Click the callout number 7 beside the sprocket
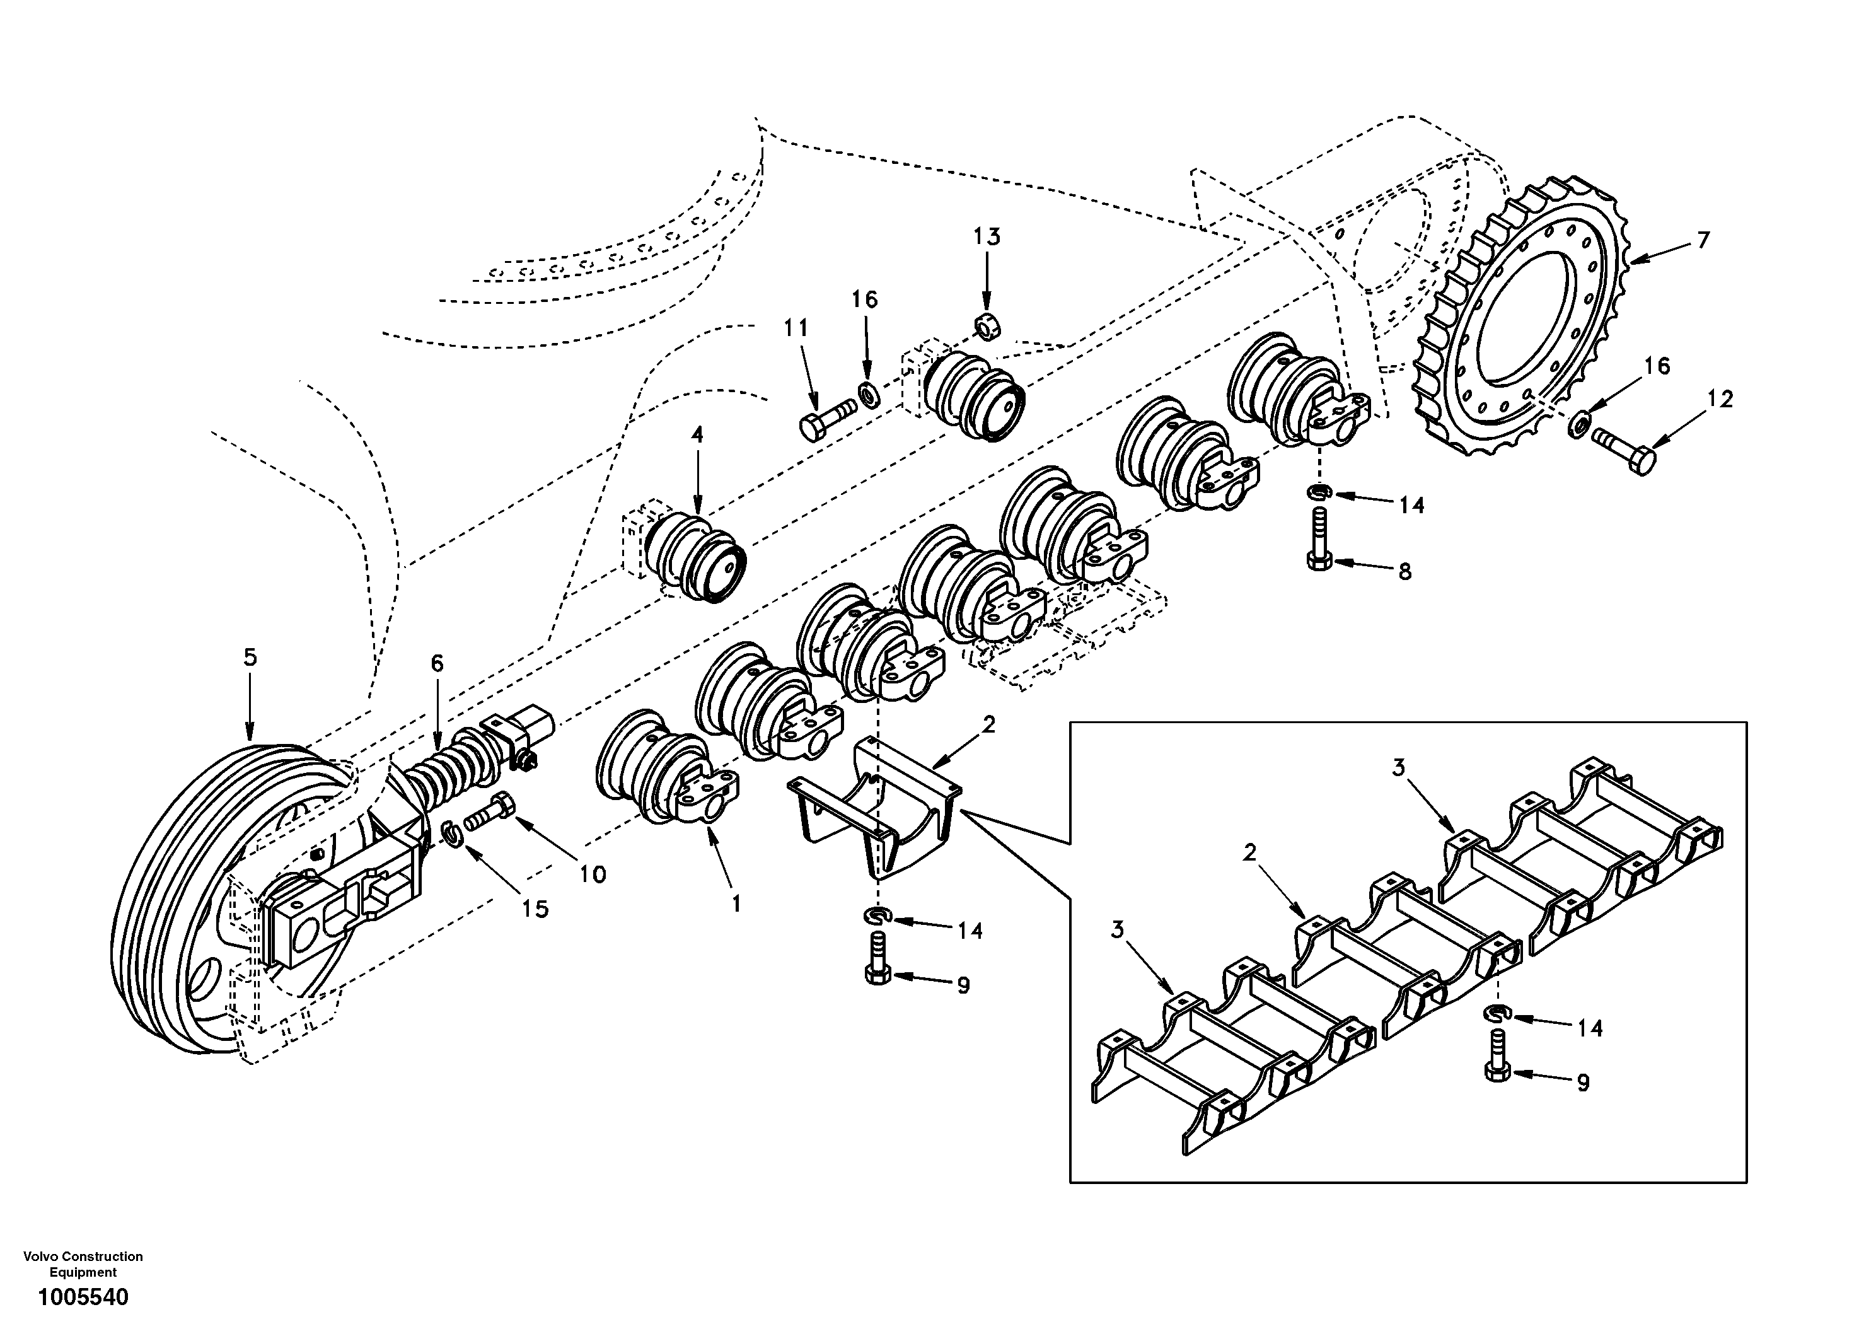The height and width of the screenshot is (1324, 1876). (1703, 240)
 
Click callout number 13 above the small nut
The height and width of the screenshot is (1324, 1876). (986, 237)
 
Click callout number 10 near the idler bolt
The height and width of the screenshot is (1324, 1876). (593, 874)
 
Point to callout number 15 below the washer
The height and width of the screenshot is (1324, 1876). (535, 909)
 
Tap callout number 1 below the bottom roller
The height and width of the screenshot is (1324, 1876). (736, 904)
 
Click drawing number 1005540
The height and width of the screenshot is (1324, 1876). (82, 1297)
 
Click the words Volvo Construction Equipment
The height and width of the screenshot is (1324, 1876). (83, 1263)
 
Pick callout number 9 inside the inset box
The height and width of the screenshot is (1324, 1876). (1583, 1083)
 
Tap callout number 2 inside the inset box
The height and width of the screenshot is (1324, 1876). (1249, 852)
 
